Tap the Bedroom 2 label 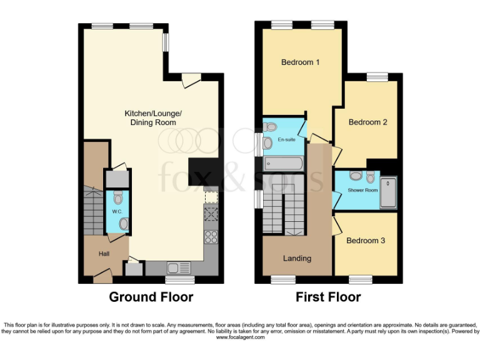pos(367,122)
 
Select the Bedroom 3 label pos(366,241)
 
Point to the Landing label pos(297,258)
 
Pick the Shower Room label pos(362,189)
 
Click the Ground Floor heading pos(151,297)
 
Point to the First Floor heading pos(328,297)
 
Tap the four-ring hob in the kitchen pos(211,237)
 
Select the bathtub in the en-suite pos(284,164)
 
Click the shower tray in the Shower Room pos(388,193)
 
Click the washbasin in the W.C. pos(123,223)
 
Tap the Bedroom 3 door pos(336,224)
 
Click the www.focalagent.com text pos(240,337)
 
